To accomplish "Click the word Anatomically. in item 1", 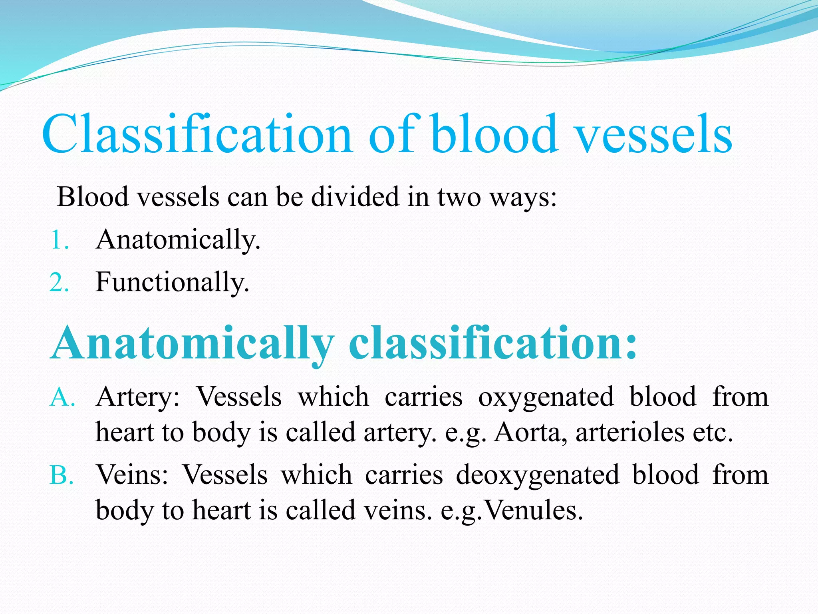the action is point(178,240).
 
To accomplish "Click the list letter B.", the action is point(62,476).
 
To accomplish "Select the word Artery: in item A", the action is point(138,397).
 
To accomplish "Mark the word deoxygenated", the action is point(537,476).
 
